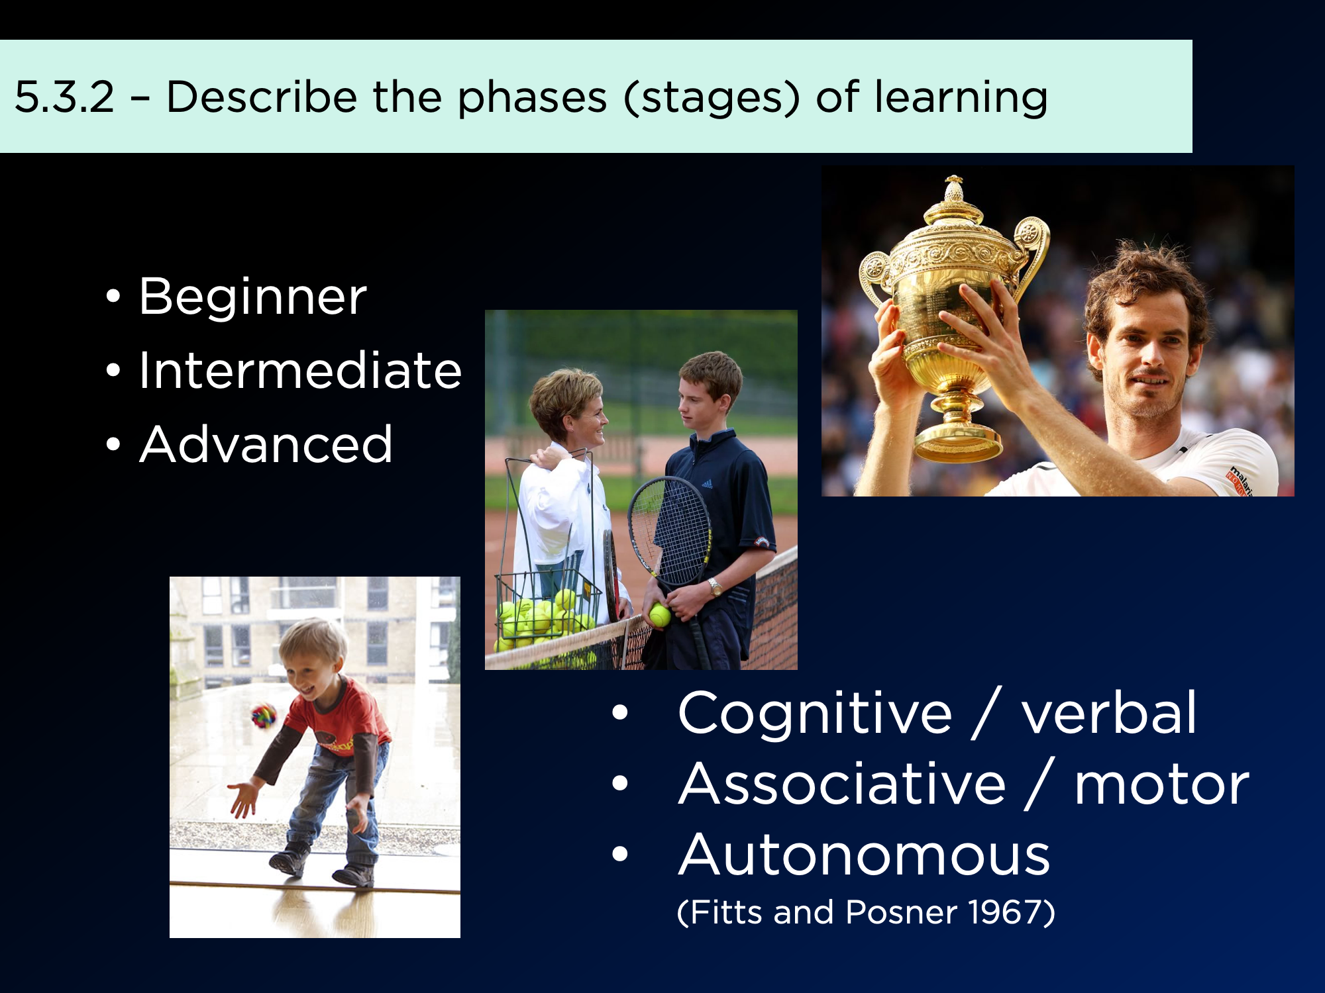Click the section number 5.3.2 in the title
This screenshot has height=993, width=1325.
(x=65, y=97)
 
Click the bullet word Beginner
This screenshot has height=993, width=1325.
(x=252, y=297)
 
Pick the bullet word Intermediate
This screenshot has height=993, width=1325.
(x=300, y=370)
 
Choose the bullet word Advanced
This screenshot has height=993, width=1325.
(x=266, y=444)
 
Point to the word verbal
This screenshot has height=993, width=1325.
(x=1109, y=712)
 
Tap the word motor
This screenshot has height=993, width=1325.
(x=1161, y=786)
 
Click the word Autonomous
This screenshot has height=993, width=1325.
(x=864, y=855)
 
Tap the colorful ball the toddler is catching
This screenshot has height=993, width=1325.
(x=264, y=716)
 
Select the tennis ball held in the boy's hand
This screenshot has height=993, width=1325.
(x=660, y=615)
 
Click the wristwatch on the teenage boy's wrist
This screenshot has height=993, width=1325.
(x=714, y=587)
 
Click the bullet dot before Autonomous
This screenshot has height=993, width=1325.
(x=620, y=854)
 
